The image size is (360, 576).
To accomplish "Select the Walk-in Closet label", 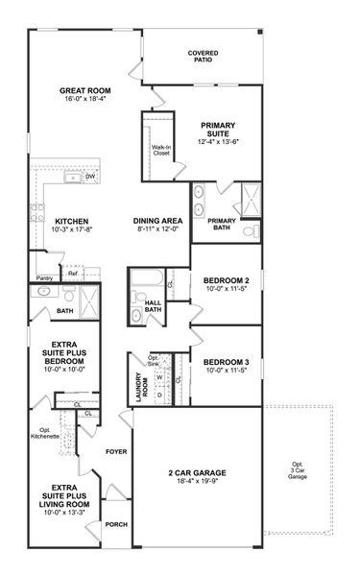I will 159,151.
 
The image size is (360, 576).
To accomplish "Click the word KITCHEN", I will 72,219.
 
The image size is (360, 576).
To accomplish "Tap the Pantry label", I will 44,278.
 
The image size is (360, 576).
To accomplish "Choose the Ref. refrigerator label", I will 72,274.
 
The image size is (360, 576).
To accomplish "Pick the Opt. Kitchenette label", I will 45,433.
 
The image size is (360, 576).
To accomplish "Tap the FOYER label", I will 116,451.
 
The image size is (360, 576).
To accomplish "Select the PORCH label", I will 117,524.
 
